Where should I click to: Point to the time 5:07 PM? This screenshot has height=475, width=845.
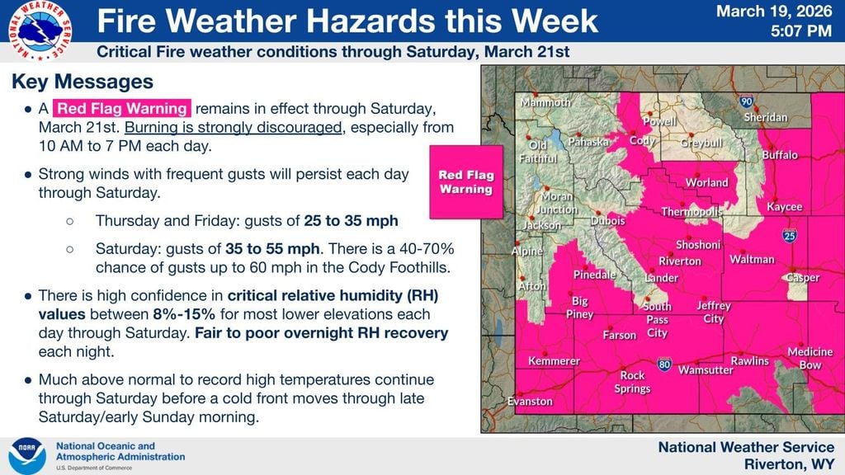799,32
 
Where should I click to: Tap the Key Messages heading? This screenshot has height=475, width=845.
83,82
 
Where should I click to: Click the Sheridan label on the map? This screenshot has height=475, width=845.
765,117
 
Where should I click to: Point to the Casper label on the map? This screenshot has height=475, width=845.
802,278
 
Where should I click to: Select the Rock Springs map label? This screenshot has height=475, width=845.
633,382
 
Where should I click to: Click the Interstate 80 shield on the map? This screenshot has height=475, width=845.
664,363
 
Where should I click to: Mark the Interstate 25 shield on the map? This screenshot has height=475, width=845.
790,237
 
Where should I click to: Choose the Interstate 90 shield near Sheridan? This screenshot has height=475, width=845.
746,102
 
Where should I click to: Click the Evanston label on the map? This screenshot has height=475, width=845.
530,402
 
